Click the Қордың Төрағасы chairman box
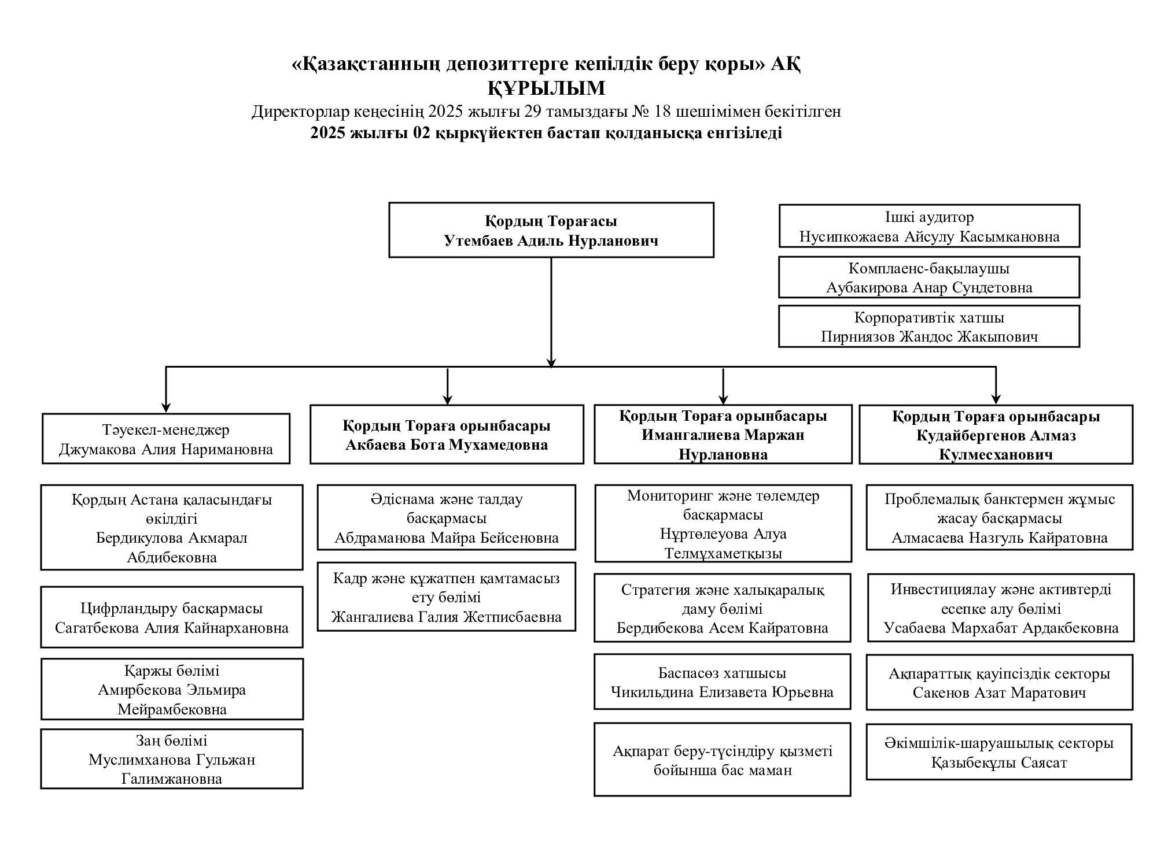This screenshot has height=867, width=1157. click(x=551, y=230)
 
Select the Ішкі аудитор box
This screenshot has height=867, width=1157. click(x=929, y=226)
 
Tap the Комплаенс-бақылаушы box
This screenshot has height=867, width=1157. click(x=929, y=277)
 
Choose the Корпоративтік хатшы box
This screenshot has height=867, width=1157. click(x=929, y=327)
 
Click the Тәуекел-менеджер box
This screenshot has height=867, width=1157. click(x=166, y=439)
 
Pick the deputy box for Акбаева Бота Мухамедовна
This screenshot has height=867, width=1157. click(x=447, y=435)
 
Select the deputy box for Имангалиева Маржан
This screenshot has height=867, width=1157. click(x=723, y=435)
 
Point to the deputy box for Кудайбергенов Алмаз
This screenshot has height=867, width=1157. click(x=996, y=435)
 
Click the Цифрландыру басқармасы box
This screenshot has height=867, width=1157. click(x=172, y=617)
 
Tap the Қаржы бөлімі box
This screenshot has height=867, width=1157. click(x=172, y=689)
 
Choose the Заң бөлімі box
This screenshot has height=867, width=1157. click(x=172, y=759)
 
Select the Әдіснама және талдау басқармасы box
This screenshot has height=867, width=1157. click(x=447, y=517)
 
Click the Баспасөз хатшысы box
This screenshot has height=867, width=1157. click(x=723, y=682)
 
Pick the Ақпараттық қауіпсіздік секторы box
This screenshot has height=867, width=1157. click(x=1000, y=683)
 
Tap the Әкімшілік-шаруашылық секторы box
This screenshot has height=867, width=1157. click(x=999, y=752)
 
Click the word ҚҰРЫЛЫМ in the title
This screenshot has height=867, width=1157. click(x=546, y=88)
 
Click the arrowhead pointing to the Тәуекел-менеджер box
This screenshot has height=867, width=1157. click(x=166, y=407)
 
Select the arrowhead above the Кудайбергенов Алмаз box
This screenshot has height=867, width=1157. click(x=996, y=399)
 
